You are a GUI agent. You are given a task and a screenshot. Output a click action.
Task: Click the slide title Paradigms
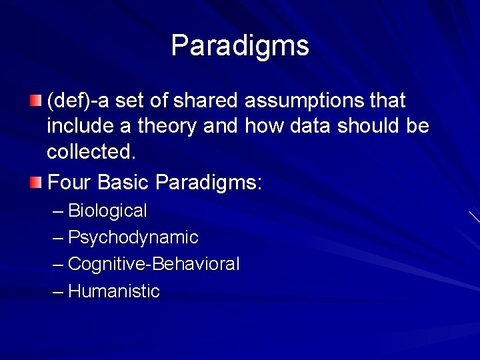pos(240,46)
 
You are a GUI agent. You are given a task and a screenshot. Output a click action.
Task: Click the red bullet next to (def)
pos(35,101)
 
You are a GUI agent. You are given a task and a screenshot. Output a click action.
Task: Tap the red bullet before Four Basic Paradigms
pos(35,181)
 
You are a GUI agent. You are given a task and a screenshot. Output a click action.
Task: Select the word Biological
pos(107,211)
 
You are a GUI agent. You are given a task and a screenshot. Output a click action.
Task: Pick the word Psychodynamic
pos(133,238)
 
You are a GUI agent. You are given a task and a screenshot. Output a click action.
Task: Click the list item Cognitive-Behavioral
pos(153,265)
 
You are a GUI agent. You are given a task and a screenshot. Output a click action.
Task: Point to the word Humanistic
pos(114,291)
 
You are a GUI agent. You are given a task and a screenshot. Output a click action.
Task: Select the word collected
pos(91,152)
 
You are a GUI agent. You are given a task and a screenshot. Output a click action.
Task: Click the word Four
pos(70,181)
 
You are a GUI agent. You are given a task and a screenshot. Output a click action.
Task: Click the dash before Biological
pos(58,212)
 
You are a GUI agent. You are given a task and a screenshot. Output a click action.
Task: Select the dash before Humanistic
pos(58,292)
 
